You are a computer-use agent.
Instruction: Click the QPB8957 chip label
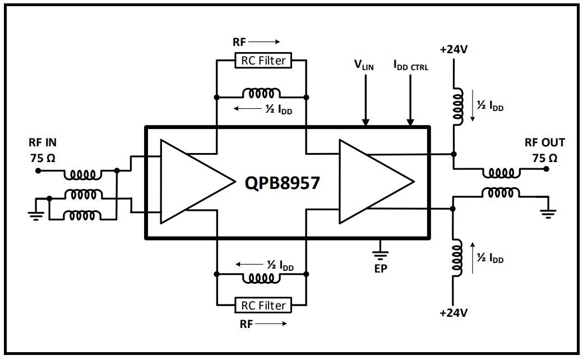pos(282,182)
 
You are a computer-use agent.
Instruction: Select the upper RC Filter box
pos(263,61)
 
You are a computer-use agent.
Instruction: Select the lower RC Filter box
pos(263,305)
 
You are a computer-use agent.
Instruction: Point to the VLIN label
pos(363,64)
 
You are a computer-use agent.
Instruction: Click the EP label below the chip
pos(381,267)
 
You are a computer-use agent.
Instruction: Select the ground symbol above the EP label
pos(381,250)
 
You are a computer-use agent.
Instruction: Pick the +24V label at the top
pos(454,49)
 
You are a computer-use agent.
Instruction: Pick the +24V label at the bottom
pos(454,312)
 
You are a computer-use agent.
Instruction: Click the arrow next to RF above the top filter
pos(264,41)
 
